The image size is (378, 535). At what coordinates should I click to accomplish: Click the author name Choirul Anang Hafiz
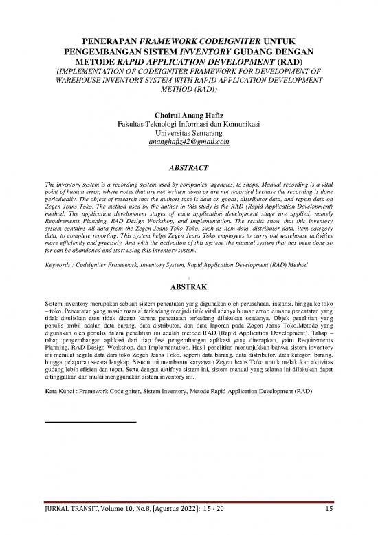188,112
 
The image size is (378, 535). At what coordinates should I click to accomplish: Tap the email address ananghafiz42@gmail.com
188,142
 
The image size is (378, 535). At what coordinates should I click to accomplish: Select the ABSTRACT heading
188,166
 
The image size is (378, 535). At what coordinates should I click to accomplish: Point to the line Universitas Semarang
188,132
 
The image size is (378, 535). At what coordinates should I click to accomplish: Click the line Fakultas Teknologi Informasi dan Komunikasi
188,123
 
